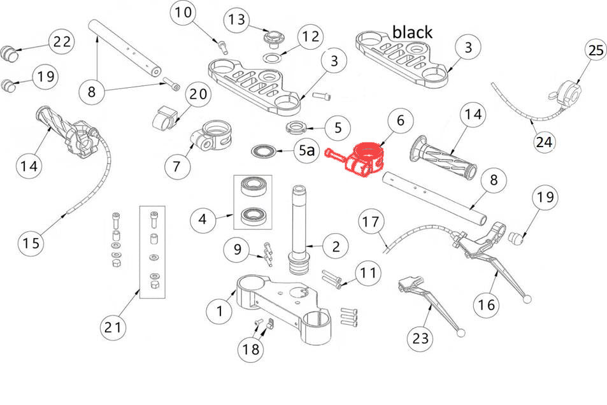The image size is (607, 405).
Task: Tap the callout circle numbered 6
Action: point(400,120)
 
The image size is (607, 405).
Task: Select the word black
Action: point(412,32)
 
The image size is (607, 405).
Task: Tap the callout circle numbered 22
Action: point(62,42)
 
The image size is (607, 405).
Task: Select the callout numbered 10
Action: point(182,13)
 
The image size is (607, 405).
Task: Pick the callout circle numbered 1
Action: point(220,311)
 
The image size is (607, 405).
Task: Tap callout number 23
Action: point(420,339)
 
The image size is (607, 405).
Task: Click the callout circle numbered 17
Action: point(373,222)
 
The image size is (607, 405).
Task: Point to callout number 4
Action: point(203,221)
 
